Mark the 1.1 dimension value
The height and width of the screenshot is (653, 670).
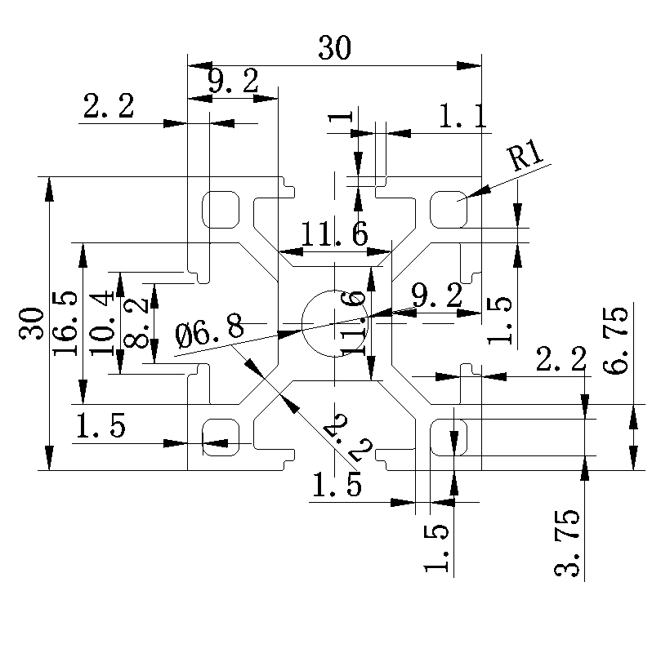pyautogui.click(x=463, y=118)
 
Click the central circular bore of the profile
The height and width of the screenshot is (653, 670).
pyautogui.click(x=335, y=323)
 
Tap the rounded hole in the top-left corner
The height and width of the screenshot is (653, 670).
pyautogui.click(x=221, y=211)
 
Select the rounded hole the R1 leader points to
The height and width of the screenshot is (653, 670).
pyautogui.click(x=449, y=211)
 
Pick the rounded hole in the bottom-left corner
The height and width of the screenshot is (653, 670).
pyautogui.click(x=221, y=437)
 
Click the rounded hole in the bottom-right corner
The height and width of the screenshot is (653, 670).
pyautogui.click(x=449, y=437)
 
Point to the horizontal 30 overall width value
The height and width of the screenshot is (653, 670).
pyautogui.click(x=334, y=49)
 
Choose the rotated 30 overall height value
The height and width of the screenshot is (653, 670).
pyautogui.click(x=32, y=323)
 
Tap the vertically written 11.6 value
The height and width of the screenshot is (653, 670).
pyautogui.click(x=354, y=322)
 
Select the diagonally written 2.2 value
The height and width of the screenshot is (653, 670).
pyautogui.click(x=348, y=438)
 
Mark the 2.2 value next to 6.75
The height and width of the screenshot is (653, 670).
pyautogui.click(x=561, y=358)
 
